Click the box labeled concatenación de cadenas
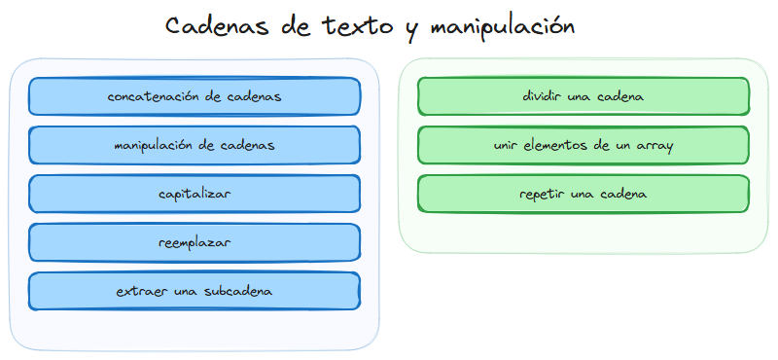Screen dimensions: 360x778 coord(194,96)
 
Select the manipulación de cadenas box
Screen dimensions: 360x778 coord(194,145)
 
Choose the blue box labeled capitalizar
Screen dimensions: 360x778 coord(194,194)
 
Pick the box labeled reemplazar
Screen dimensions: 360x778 coord(194,242)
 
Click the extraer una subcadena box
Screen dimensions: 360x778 coord(194,291)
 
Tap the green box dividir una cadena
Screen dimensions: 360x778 coord(583,96)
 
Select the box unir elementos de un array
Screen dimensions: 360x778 coord(583,145)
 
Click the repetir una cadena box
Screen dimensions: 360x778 coord(583,194)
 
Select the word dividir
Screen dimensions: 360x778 coord(541,96)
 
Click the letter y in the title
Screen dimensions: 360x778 coord(411,29)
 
